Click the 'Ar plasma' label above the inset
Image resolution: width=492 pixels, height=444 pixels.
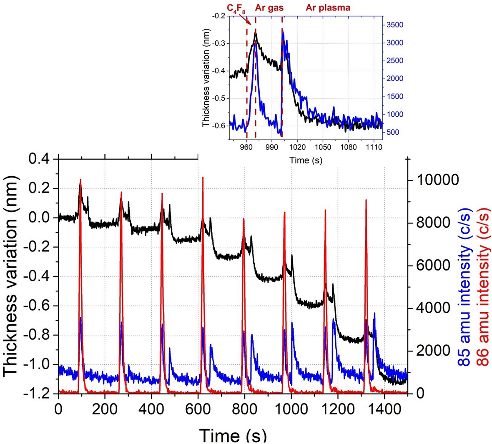coord(328,8)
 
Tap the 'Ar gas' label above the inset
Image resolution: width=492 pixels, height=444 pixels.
coord(269,8)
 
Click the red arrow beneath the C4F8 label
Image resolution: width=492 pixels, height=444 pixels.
coord(246,21)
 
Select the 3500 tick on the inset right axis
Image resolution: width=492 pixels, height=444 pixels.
coord(394,25)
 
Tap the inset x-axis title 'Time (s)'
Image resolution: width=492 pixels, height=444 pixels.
coord(306,160)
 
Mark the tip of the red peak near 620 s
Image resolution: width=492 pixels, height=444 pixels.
coord(203,178)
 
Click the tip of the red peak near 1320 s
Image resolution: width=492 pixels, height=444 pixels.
coord(366,200)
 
